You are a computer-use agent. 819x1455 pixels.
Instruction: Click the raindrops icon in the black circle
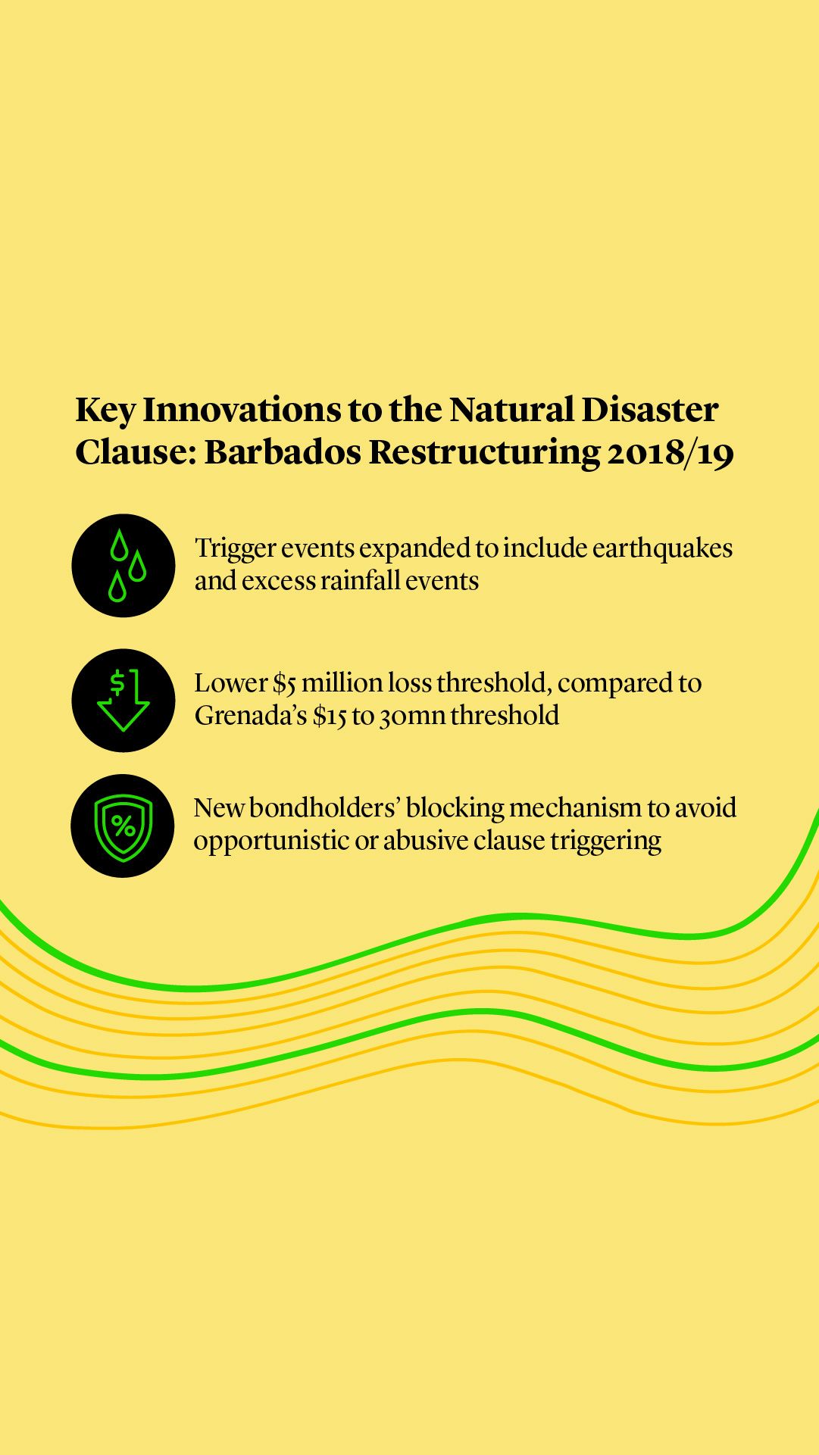tap(123, 566)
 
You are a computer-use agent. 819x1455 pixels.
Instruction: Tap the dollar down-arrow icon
tap(123, 701)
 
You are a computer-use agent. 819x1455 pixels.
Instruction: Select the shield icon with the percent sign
tap(123, 826)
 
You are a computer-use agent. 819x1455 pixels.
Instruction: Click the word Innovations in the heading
tap(242, 410)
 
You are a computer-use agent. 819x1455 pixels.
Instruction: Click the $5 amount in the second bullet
tap(284, 683)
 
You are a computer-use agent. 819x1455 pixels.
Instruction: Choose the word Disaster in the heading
tap(649, 410)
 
